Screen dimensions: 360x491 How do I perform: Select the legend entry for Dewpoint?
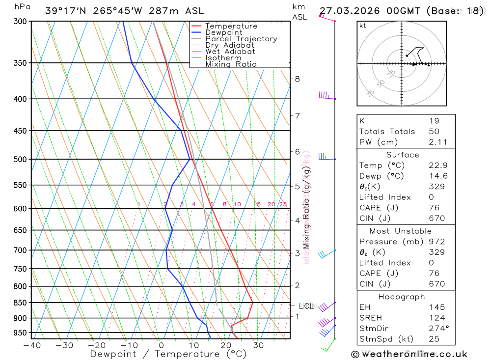coord(224,32)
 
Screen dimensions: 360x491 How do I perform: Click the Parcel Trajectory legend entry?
coord(241,39)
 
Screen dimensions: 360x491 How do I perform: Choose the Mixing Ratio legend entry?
coord(231,64)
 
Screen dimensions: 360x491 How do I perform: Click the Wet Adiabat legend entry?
coord(230,52)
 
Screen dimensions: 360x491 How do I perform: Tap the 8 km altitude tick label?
coord(297,79)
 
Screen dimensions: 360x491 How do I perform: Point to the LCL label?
coord(306,306)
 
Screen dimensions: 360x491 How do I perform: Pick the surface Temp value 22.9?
coord(435,166)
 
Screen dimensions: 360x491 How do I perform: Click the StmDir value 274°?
coord(436,329)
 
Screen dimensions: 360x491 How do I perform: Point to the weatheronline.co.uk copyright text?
coord(409,354)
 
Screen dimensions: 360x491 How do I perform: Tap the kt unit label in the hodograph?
coord(363,26)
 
